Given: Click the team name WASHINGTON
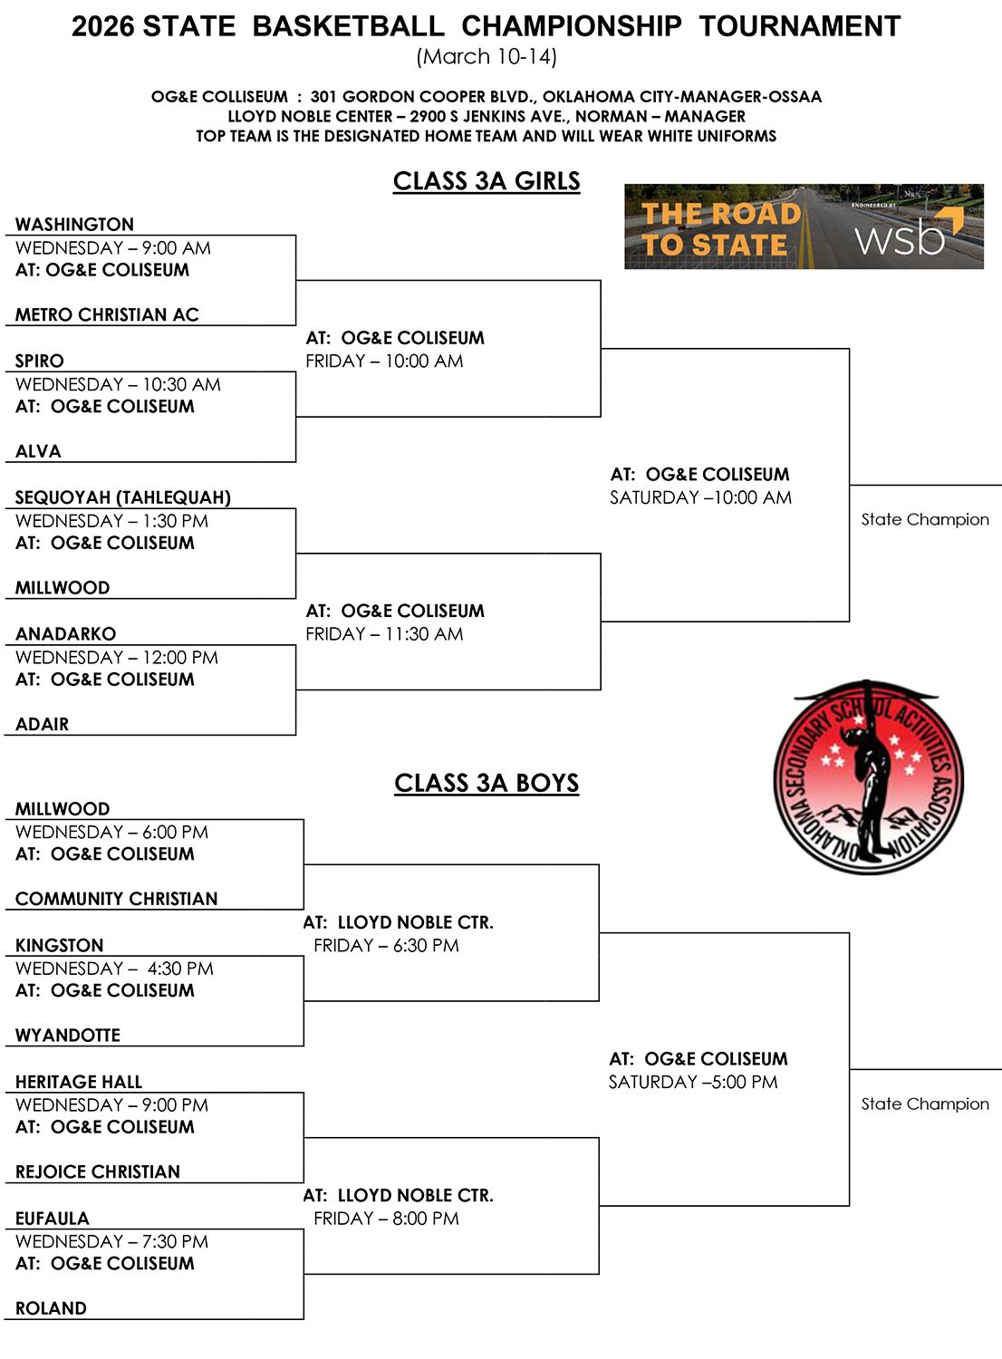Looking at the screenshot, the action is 74,225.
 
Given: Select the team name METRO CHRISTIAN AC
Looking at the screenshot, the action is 107,315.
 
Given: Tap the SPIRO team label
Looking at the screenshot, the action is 40,361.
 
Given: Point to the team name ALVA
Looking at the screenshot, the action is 38,451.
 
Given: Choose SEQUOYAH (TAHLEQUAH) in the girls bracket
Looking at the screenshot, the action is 123,497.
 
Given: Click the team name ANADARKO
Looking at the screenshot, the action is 65,634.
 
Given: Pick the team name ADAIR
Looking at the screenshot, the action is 42,725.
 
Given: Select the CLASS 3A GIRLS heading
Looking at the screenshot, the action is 487,181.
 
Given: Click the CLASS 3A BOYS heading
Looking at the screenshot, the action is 487,784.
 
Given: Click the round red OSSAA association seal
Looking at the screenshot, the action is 869,777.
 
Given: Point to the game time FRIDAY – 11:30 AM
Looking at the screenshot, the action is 384,634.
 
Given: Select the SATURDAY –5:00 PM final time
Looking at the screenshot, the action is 693,1083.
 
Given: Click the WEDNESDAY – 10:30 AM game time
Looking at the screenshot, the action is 119,385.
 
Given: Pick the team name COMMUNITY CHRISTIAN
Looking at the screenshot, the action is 117,899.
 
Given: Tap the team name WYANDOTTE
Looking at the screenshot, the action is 68,1036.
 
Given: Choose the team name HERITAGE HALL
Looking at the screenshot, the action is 79,1083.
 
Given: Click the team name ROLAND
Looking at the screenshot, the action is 51,1308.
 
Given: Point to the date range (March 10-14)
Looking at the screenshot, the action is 487,57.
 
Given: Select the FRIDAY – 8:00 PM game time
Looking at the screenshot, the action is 386,1219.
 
